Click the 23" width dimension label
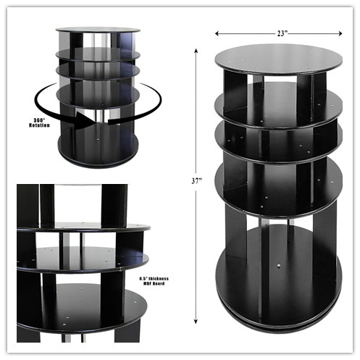(x=281, y=33)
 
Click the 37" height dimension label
(x=196, y=181)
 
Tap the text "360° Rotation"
(x=39, y=122)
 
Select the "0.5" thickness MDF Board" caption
(x=154, y=281)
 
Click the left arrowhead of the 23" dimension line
(x=217, y=33)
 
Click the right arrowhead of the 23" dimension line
(x=340, y=33)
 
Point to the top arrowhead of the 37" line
(x=196, y=51)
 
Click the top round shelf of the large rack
(x=278, y=59)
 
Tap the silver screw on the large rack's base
(x=279, y=266)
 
